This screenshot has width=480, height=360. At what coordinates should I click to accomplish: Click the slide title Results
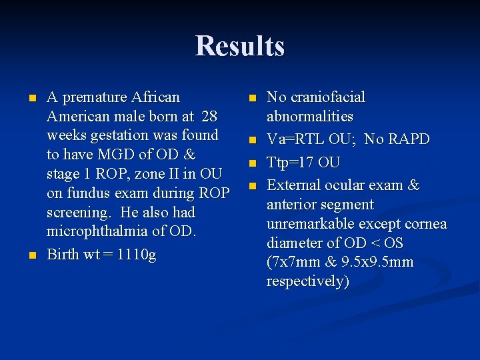(240, 46)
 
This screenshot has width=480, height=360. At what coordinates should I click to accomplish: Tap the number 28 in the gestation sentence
(209, 117)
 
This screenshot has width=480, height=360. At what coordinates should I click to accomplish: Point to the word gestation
(119, 136)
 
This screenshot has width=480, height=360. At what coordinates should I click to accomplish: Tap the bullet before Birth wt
(31, 255)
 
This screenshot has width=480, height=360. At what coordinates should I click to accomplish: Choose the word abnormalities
(309, 117)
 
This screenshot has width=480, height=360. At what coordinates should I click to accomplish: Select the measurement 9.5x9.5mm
(377, 262)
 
